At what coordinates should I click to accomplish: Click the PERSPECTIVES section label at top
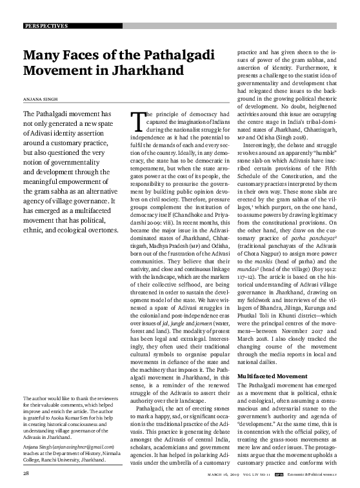coord(45,26)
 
